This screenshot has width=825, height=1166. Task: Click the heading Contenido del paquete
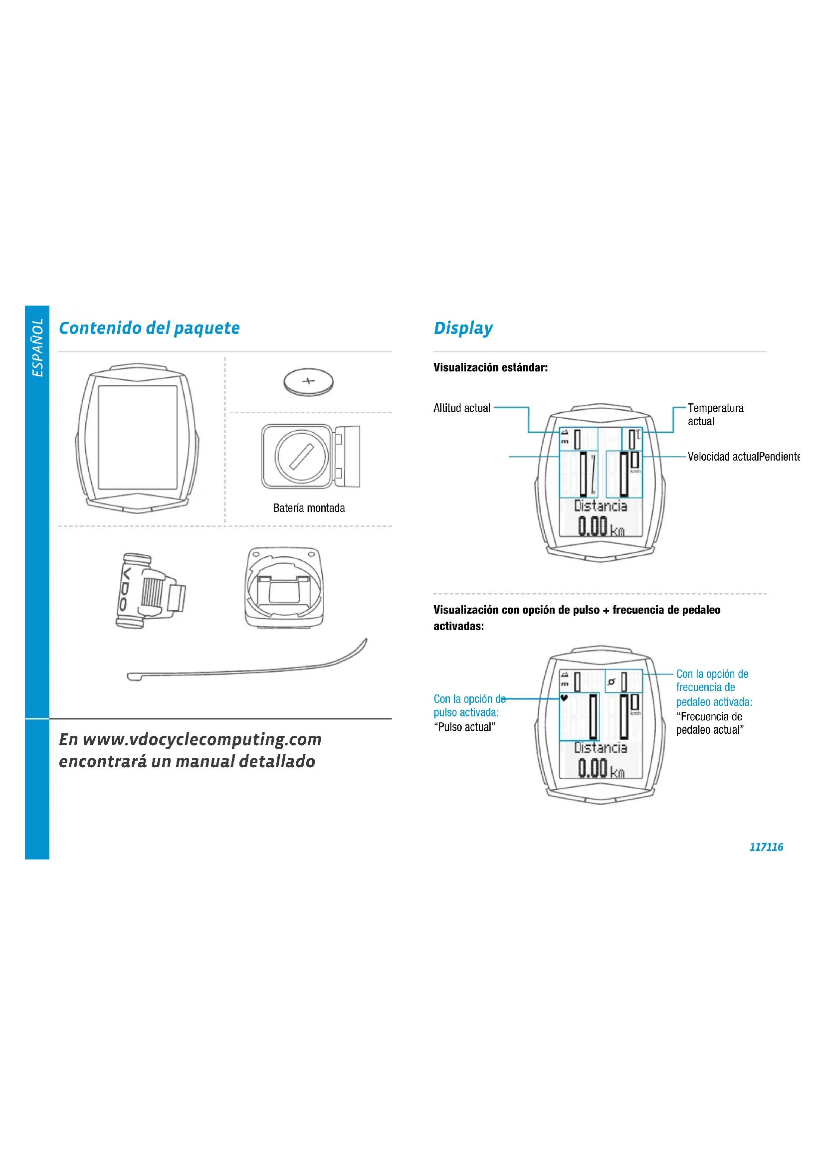[149, 328]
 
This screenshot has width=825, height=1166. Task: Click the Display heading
[463, 328]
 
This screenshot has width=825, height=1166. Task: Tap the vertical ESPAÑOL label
[37, 348]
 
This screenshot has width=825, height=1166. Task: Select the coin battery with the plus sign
[308, 382]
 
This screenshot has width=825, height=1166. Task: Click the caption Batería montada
[309, 508]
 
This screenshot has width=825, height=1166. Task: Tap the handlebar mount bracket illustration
[284, 588]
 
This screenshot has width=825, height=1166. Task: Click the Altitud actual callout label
[462, 408]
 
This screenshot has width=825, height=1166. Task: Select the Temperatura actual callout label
[715, 414]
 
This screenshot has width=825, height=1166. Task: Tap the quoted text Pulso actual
[464, 727]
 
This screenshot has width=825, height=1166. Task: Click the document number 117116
[766, 846]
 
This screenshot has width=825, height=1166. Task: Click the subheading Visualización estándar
[490, 368]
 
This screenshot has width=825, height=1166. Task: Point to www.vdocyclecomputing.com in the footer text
[202, 739]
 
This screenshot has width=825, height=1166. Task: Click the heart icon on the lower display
[564, 698]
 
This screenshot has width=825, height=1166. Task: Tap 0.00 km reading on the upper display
[601, 526]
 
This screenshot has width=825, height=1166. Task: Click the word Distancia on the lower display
[601, 748]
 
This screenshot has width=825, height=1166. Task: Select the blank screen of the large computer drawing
[138, 437]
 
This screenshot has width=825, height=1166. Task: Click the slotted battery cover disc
[301, 457]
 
